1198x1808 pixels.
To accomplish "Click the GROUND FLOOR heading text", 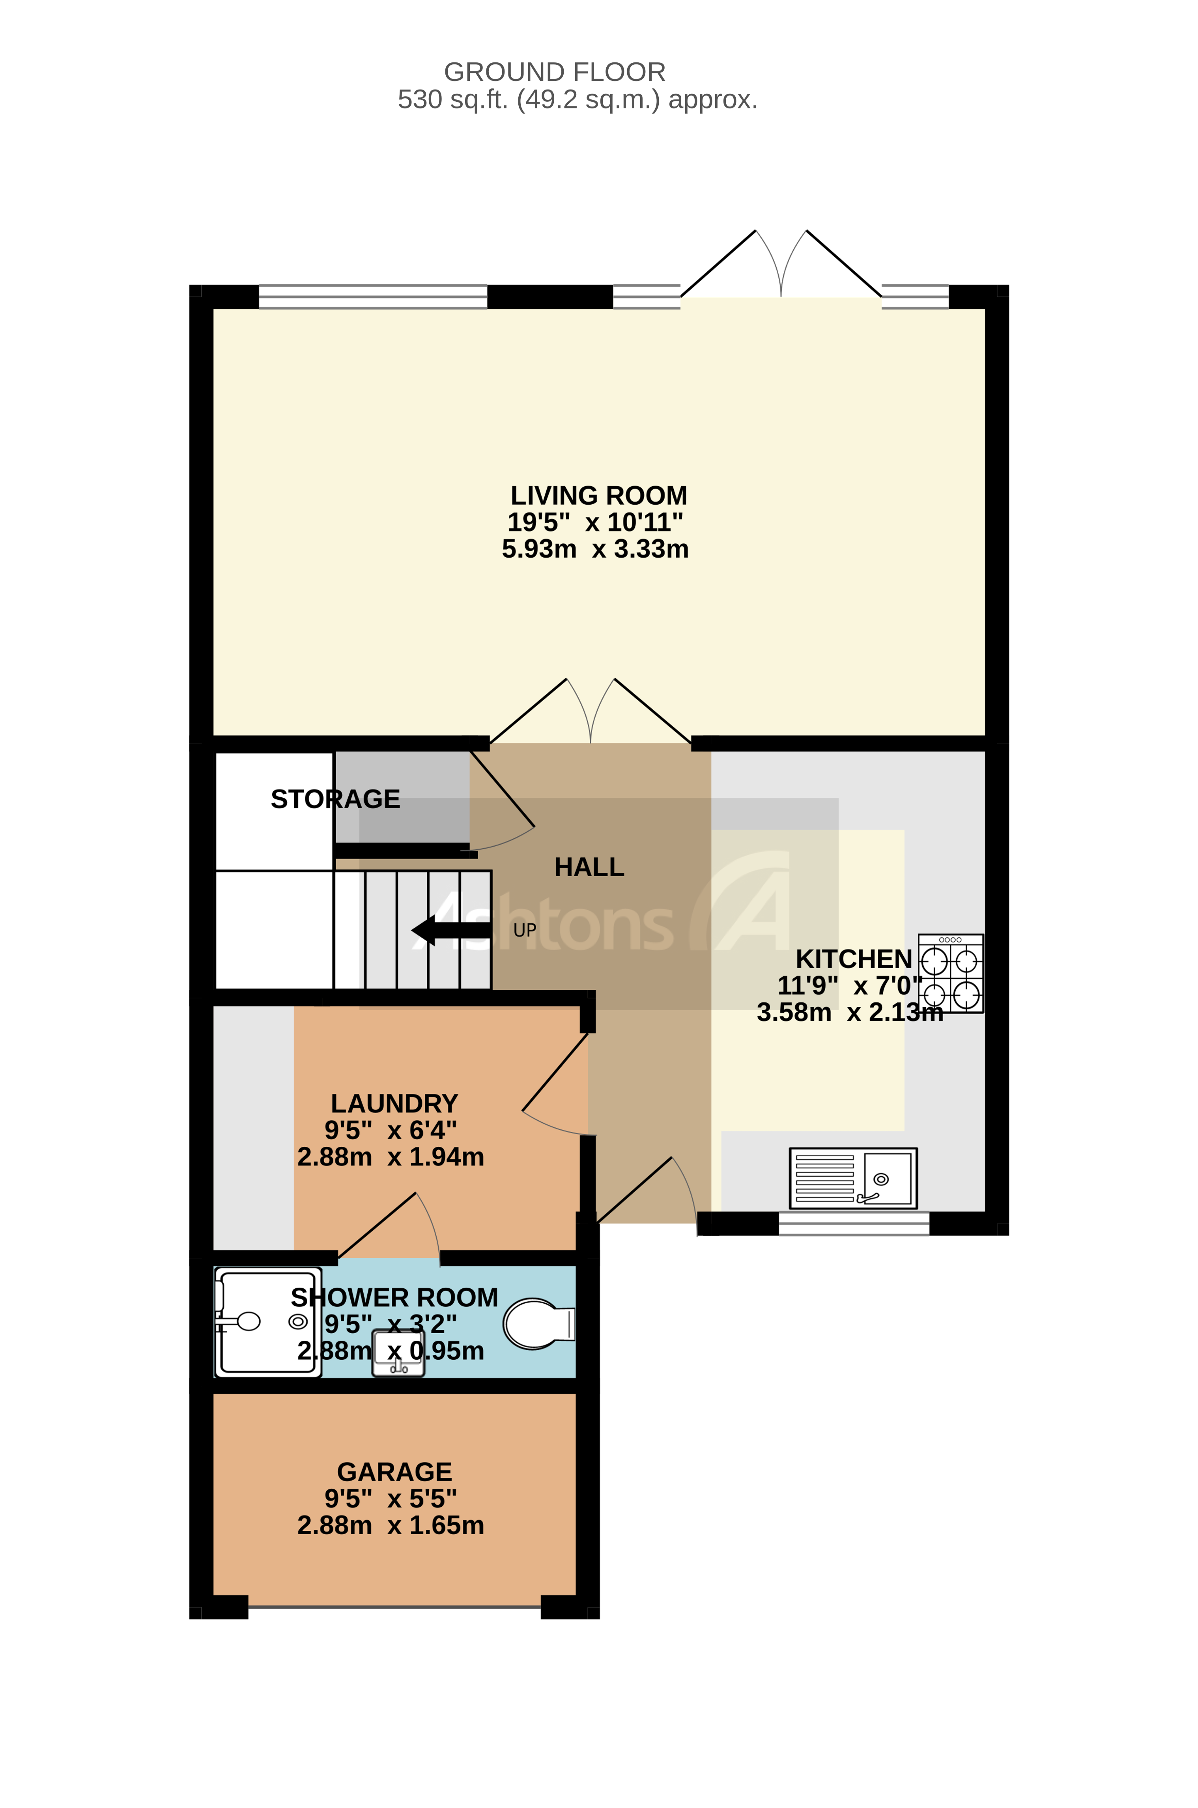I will tap(555, 72).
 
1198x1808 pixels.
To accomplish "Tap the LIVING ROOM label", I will tap(598, 496).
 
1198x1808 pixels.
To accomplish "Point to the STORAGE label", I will tap(335, 799).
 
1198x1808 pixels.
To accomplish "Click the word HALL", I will tap(589, 867).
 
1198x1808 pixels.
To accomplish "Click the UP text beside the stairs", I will tap(525, 930).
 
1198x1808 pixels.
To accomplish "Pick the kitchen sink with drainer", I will tap(853, 1179).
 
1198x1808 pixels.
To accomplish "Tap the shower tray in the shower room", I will tap(267, 1322).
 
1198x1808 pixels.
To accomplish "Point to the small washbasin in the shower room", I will tap(397, 1353).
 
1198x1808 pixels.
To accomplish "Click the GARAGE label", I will tap(394, 1472).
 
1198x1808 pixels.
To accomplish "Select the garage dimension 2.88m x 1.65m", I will tap(391, 1525).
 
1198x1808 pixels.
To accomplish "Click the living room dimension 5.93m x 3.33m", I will tap(595, 549).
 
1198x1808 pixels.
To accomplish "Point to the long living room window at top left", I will tap(373, 297).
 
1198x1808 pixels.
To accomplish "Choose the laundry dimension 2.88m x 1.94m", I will tap(391, 1157).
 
